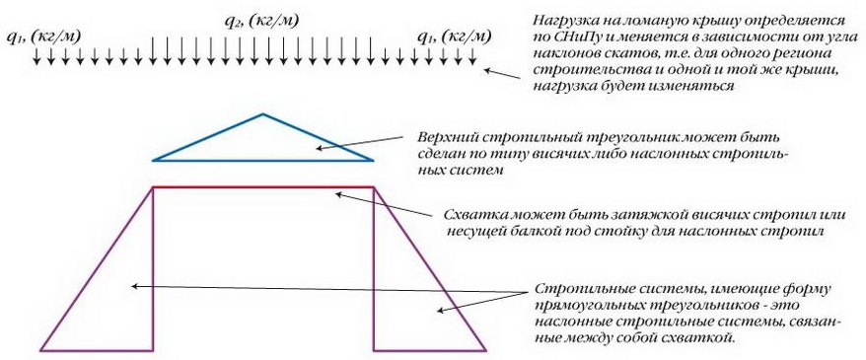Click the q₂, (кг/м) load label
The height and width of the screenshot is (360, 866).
click(x=261, y=22)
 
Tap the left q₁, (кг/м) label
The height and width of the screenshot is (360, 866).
click(x=43, y=36)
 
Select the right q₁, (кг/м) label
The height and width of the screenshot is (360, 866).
click(x=454, y=36)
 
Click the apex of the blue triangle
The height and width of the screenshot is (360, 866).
click(x=263, y=114)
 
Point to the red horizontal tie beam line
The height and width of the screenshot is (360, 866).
click(x=263, y=187)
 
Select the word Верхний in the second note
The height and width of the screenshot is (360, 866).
click(x=449, y=136)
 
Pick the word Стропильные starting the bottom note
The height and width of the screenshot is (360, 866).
click(x=584, y=289)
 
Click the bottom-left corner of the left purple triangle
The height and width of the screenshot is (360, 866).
click(x=40, y=350)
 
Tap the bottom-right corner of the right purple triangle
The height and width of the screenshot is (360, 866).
click(x=486, y=350)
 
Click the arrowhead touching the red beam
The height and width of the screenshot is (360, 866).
click(x=340, y=193)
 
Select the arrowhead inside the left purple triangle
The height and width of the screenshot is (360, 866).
click(x=134, y=286)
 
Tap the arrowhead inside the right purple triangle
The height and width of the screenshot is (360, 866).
click(x=441, y=311)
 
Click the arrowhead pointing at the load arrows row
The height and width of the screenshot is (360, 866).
click(x=487, y=70)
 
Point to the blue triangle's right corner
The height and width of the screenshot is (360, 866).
click(x=374, y=160)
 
